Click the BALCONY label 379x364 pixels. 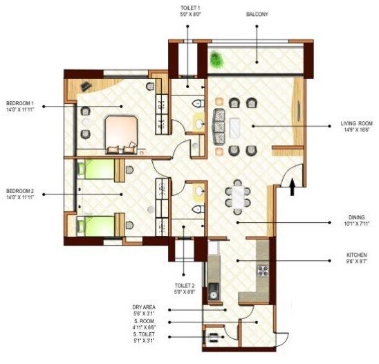[257, 13]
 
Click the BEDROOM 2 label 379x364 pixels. [20, 190]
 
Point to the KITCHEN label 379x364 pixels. [358, 254]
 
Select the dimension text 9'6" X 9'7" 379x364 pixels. [358, 261]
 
